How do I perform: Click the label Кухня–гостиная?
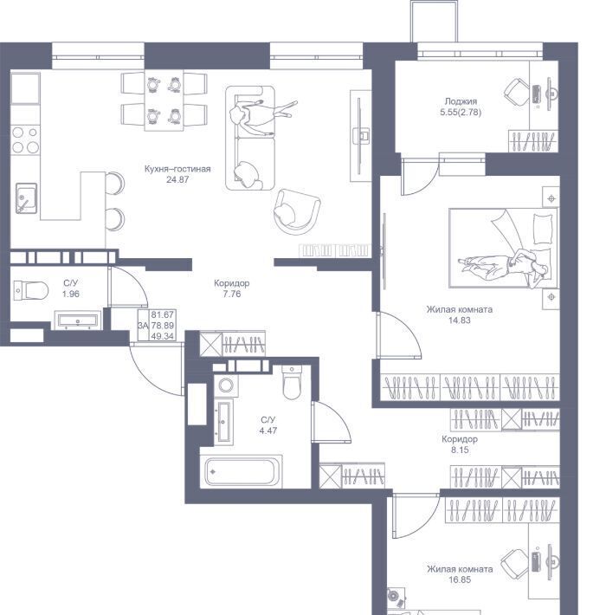coord(177,169)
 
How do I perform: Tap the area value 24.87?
coord(177,179)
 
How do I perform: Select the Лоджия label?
coord(461,101)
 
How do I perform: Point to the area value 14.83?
coord(460,320)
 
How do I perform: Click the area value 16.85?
coord(460,579)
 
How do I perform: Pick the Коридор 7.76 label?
coord(232,288)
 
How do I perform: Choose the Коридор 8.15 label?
coord(460,444)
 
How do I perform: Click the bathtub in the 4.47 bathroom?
coord(241,472)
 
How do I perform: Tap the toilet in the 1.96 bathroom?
coord(30,291)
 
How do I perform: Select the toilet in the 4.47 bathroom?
coord(292,382)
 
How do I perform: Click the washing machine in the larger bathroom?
coord(226,385)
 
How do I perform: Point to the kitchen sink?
coord(26,198)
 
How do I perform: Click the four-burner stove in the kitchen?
coord(25,140)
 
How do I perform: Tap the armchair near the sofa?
coord(297,212)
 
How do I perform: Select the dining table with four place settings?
coord(164,100)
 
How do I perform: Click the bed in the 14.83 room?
coord(503,248)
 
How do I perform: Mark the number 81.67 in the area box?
coord(162,314)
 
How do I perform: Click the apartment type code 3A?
coord(143,326)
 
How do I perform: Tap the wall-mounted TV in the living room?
coord(359,136)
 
